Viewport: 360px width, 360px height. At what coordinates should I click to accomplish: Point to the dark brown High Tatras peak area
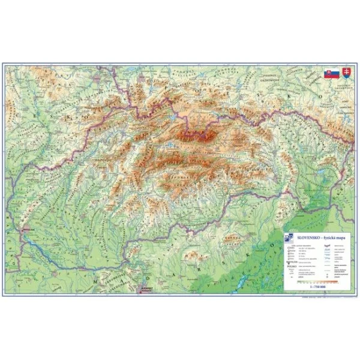(x=193, y=133)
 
